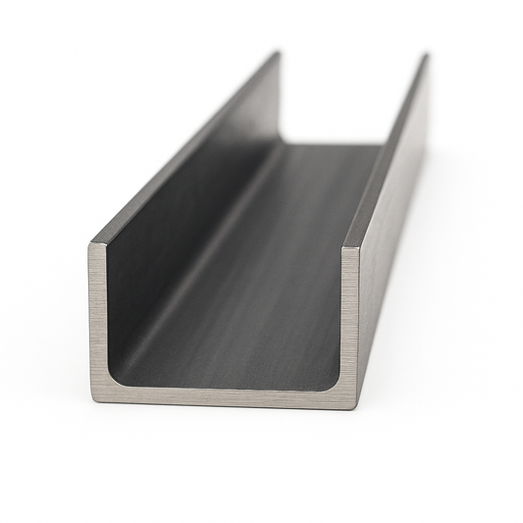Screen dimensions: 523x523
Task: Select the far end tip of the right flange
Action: pyautogui.click(x=426, y=56)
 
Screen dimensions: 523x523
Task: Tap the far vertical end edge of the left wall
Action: pyautogui.click(x=281, y=98)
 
